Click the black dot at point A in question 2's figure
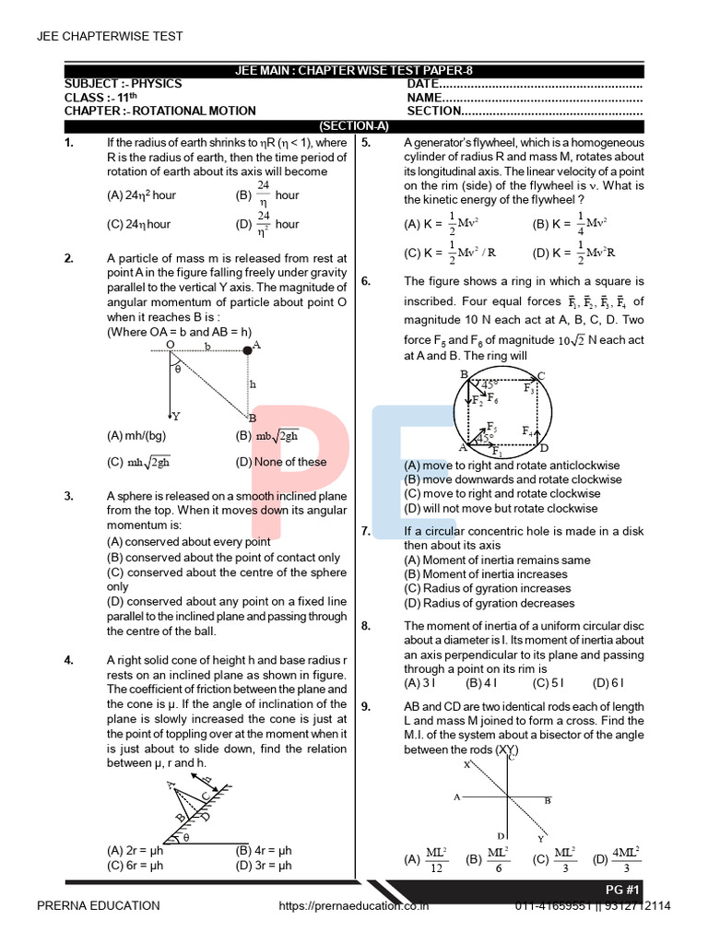coord(246,349)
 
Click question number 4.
coord(69,660)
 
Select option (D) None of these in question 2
coord(280,462)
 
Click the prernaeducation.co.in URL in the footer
coord(355,906)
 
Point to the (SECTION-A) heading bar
coord(354,125)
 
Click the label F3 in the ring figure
coord(529,389)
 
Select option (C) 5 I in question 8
coord(549,683)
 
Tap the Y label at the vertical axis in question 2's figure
coord(175,416)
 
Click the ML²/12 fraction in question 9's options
coord(437,859)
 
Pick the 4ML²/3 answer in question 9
coord(626,859)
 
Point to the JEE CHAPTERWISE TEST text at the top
coord(109,37)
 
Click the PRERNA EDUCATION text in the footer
coord(98,906)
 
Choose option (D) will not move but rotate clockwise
coord(501,508)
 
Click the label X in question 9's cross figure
coord(466,765)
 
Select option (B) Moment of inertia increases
coord(486,574)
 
